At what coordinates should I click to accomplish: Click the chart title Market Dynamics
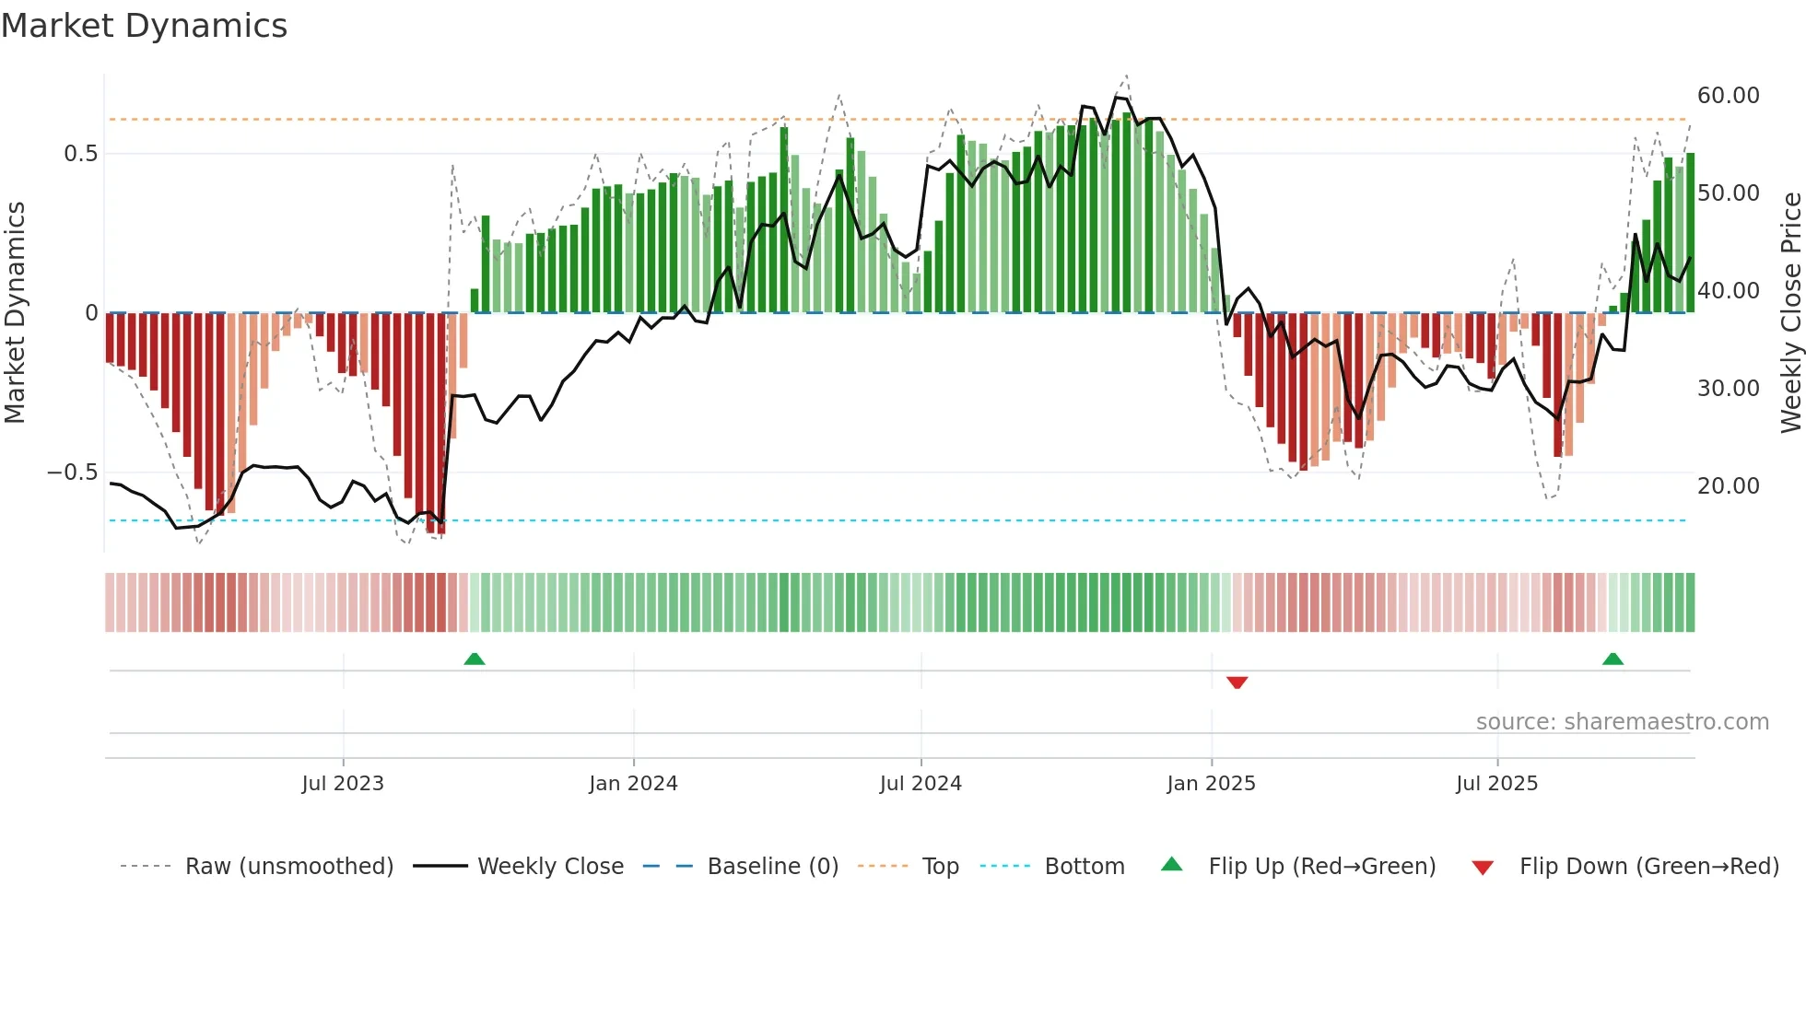[x=144, y=26]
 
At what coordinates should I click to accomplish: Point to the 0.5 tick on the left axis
[x=81, y=154]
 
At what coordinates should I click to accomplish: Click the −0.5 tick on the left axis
[x=73, y=472]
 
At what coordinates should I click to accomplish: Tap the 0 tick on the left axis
[x=91, y=313]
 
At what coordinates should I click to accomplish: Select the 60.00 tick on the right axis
[x=1728, y=96]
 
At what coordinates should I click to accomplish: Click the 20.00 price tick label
[x=1728, y=486]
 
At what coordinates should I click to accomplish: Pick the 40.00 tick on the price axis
[x=1728, y=291]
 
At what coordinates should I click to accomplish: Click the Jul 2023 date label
[x=343, y=784]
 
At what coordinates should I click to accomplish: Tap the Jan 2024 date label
[x=633, y=784]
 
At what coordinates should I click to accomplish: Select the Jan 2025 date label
[x=1211, y=784]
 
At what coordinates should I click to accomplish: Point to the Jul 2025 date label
[x=1496, y=784]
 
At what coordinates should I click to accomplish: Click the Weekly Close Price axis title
[x=1790, y=313]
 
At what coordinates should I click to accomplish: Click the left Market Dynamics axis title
[x=15, y=313]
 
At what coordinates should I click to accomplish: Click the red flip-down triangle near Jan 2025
[x=1237, y=682]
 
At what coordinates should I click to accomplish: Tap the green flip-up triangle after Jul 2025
[x=1612, y=659]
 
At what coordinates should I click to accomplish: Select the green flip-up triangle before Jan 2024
[x=474, y=659]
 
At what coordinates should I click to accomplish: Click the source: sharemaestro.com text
[x=1622, y=722]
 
